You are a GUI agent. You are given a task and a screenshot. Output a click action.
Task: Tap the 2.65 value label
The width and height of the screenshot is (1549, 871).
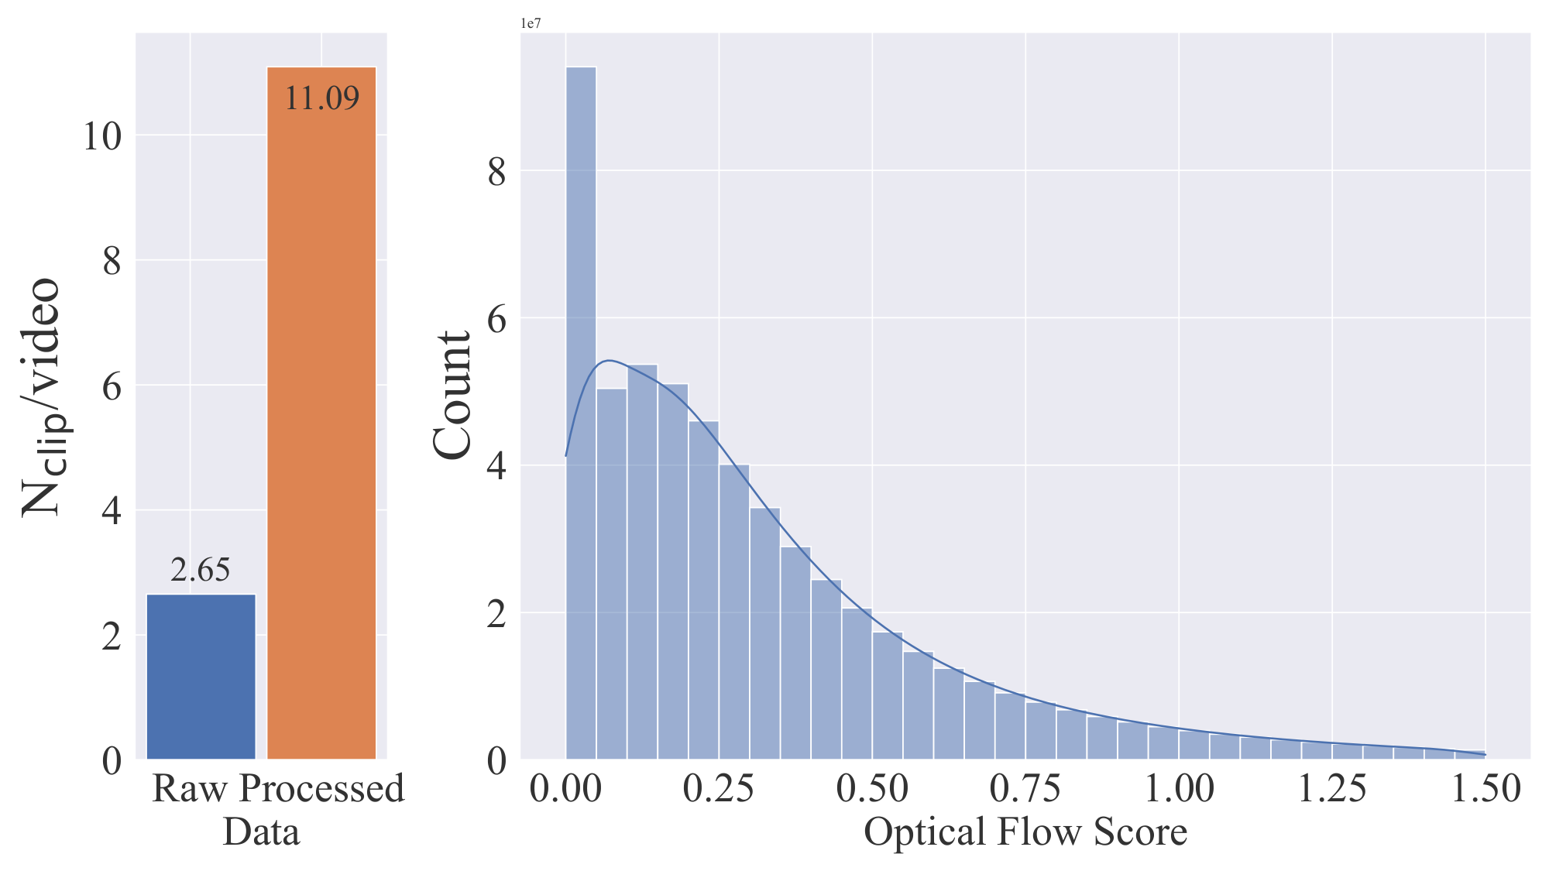tap(201, 571)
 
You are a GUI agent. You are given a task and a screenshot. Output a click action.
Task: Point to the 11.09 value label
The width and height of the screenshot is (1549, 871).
tap(321, 98)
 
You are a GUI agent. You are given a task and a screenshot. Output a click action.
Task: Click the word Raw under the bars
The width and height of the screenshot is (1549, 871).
tap(191, 789)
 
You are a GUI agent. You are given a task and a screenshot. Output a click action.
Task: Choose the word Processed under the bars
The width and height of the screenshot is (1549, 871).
tap(322, 789)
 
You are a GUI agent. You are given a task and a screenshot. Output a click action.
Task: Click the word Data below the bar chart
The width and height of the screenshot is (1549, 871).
tap(261, 832)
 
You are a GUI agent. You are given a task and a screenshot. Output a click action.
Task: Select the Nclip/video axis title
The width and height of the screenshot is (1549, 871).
tap(41, 396)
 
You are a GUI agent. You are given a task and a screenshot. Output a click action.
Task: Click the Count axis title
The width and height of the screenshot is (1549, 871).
tap(452, 395)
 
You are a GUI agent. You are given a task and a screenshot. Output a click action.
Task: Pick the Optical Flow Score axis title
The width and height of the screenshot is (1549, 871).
tap(1025, 832)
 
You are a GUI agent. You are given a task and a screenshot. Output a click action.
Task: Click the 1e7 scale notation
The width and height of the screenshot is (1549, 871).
tap(531, 24)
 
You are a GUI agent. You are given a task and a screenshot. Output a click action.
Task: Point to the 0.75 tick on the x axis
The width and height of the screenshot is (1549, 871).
tap(1025, 790)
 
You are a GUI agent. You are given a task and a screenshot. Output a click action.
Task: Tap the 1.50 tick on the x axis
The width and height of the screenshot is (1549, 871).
tap(1485, 790)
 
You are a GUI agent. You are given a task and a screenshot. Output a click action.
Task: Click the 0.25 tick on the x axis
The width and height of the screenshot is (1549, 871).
tap(719, 790)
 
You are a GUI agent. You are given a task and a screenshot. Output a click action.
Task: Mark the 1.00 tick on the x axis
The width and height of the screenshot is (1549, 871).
tap(1179, 790)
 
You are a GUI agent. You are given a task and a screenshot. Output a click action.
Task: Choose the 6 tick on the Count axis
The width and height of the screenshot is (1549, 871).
tap(496, 319)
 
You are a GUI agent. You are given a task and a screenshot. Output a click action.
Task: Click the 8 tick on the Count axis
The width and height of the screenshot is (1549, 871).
tap(496, 172)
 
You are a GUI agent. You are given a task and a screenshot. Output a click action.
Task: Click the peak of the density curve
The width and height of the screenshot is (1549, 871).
tap(610, 361)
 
